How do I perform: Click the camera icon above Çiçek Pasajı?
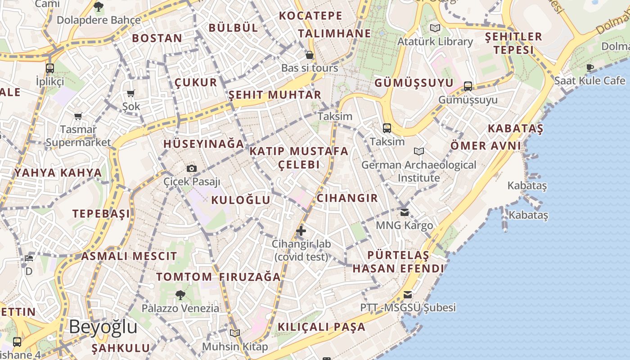192,169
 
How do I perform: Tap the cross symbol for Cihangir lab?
301,231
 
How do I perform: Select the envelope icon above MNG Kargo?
405,212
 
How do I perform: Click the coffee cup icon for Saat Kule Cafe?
590,68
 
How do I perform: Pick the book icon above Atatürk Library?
435,28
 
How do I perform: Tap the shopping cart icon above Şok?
131,94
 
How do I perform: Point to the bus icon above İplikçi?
50,68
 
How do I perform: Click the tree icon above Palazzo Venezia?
180,295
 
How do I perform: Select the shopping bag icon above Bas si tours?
310,55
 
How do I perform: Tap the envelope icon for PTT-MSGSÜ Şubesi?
408,295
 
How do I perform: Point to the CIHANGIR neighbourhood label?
347,198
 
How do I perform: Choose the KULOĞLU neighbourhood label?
241,200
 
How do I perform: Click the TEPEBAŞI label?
101,213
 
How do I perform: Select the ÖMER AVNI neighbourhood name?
486,146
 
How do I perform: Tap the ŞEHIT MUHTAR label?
275,95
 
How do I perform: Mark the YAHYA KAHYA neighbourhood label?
58,173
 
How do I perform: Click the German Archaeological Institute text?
418,171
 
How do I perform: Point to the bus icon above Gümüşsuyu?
468,86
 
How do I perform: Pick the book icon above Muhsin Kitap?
235,333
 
